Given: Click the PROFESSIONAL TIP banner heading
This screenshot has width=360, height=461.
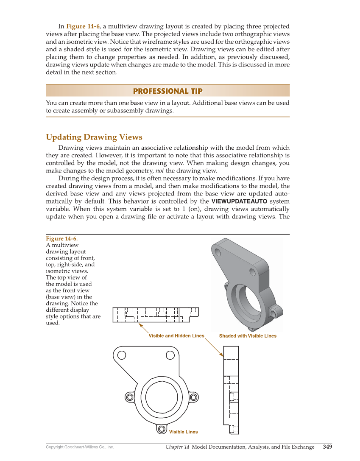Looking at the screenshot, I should pos(167,91).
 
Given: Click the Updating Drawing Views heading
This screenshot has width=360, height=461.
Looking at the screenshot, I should pos(94,137).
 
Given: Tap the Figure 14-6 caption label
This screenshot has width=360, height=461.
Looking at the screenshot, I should pos(61,238).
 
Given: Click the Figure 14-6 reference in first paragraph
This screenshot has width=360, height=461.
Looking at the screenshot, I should pos(83,26).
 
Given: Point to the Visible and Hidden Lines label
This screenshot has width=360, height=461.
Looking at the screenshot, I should pos(176,336).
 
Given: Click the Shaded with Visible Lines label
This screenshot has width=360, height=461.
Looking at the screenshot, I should pos(248,336).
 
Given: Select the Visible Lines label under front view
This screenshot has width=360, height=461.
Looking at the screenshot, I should pos(183,432).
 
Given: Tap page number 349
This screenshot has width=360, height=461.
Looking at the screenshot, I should pos(327,447).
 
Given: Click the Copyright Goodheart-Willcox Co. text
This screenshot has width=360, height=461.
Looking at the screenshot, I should pos(80,447).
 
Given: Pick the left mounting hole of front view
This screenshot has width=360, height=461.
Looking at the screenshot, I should pos(122,355).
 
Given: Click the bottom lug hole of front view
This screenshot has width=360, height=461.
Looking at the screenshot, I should pos(162,429).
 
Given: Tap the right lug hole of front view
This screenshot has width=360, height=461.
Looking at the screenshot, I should pos(194,397).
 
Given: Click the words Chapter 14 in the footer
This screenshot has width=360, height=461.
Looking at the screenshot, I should pos(177,447).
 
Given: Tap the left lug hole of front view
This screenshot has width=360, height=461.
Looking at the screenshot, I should pos(129,397).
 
